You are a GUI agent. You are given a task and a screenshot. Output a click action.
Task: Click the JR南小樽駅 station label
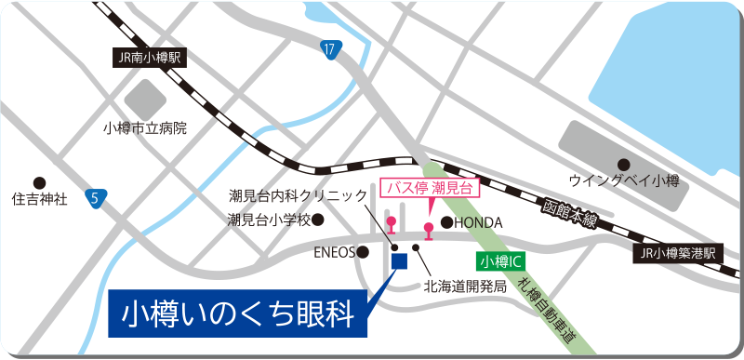[148, 58]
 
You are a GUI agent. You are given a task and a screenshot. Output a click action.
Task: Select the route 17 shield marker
[330, 49]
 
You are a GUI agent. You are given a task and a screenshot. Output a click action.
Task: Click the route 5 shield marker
[96, 197]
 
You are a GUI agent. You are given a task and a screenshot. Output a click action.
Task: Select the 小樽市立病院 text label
[146, 127]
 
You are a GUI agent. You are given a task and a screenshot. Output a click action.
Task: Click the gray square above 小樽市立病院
[145, 98]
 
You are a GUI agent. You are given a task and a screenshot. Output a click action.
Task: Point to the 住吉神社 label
[39, 199]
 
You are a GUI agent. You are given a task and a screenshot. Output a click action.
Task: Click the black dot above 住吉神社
[39, 181]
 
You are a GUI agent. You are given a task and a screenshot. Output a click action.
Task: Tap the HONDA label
[479, 223]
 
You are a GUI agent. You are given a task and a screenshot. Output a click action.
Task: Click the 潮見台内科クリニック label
[299, 196]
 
